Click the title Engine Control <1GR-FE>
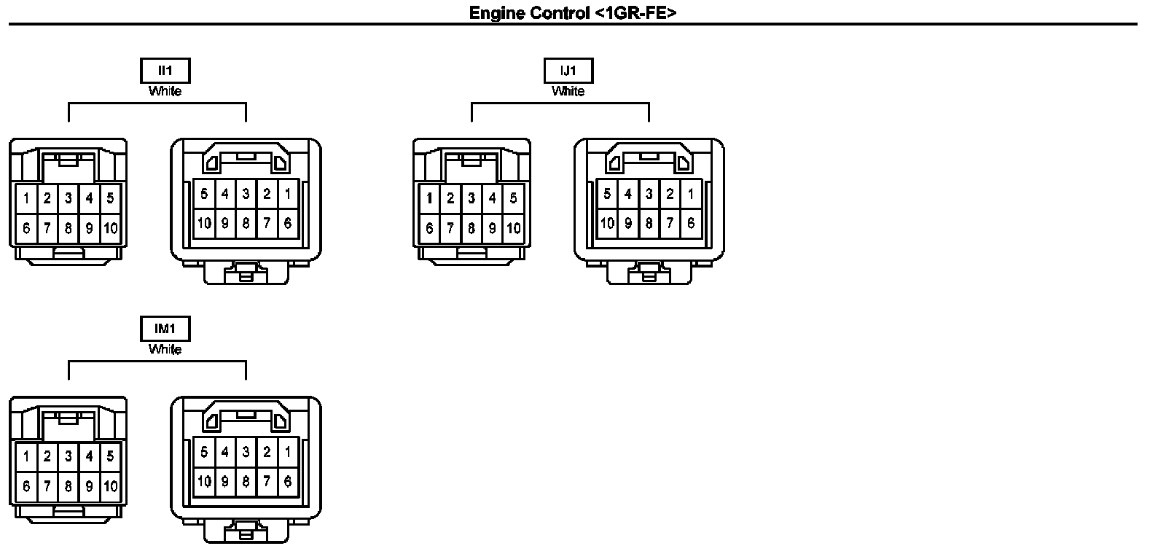coord(573,12)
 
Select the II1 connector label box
coord(165,71)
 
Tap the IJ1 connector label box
coord(568,71)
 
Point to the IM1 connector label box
coord(165,329)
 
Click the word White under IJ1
coord(568,91)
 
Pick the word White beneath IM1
coord(165,349)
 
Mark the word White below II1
coord(165,91)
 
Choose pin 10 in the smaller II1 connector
coord(110,228)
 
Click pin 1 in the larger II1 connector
coord(288,194)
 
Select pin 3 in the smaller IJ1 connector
coord(471,198)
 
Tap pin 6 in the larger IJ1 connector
coord(691,223)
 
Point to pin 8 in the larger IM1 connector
coord(246,482)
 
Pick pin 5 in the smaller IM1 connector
coord(110,456)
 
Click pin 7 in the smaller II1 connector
coord(47,228)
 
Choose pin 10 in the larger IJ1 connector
coord(607,223)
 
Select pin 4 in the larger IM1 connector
coord(225,452)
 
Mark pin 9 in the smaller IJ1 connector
coord(493,228)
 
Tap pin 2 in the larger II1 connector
coord(267,194)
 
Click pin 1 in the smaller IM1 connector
coord(26,456)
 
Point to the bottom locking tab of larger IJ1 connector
coord(649,273)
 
